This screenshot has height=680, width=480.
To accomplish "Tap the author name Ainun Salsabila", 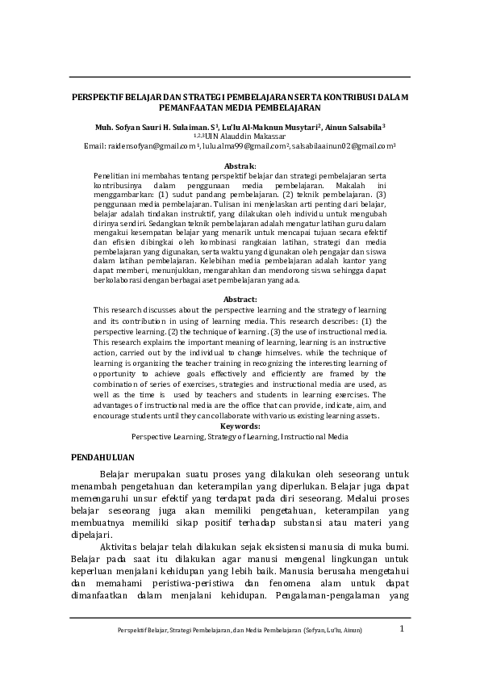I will tap(355, 127).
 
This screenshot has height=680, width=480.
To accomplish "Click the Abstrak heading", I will tap(239, 165).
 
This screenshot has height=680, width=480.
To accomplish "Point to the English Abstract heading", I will tap(239, 300).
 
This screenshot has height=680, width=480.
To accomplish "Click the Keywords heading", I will tap(239, 426).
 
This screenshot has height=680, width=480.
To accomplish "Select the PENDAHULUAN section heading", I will tap(102, 456).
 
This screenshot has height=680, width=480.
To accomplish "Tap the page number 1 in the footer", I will tap(401, 628).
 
